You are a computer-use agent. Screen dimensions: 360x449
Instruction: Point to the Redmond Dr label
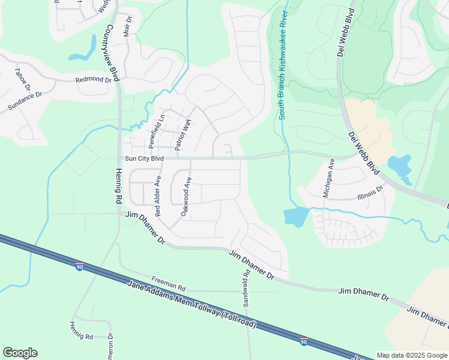pos(94,80)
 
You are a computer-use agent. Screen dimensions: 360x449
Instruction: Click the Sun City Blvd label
pos(144,159)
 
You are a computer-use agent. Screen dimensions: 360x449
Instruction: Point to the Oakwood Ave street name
pos(185,197)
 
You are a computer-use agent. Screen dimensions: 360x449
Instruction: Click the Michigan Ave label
pos(328,179)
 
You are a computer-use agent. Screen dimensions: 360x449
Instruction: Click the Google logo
pos(20,353)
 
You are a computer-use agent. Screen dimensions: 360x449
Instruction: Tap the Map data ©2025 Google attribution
pos(412,355)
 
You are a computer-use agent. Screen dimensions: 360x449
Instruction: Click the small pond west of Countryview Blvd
pos(85,51)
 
